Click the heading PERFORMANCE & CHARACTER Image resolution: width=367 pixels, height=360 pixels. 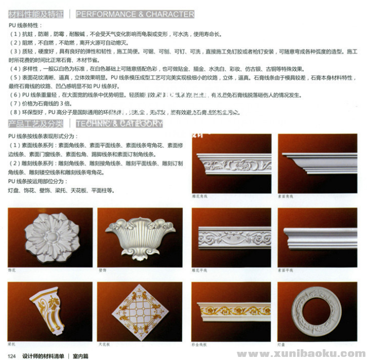click(x=135, y=14)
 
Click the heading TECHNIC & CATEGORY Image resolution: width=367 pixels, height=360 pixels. click(x=119, y=123)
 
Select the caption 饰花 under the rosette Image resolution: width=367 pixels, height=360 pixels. click(x=12, y=269)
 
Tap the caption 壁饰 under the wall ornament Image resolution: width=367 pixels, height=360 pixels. click(x=102, y=269)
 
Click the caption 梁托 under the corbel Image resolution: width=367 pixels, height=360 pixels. click(x=12, y=343)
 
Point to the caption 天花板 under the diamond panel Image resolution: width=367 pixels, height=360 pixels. click(x=103, y=343)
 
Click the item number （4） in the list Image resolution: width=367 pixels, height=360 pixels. click(x=14, y=69)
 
